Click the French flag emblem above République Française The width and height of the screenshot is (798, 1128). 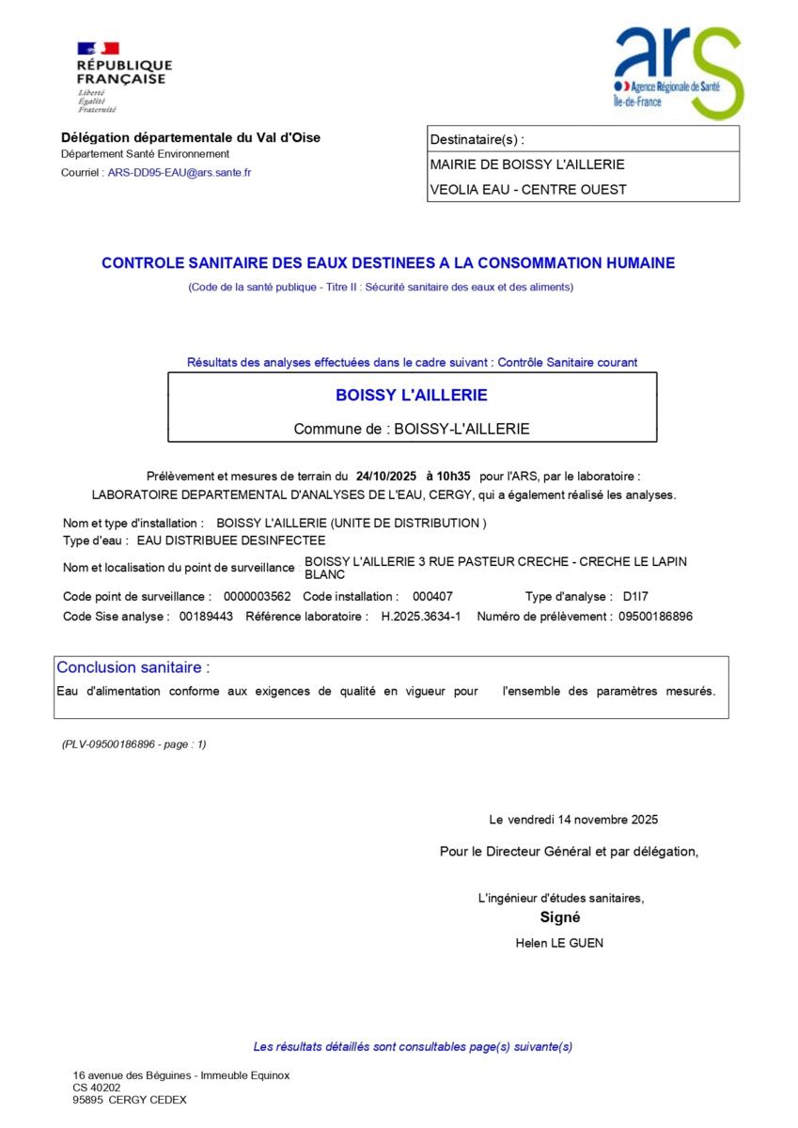pos(98,48)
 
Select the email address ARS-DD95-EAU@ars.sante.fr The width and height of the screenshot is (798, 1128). pos(180,173)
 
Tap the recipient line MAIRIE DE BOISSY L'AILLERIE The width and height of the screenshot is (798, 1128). pos(527,164)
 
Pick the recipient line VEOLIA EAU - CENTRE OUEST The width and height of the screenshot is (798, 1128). pos(528,189)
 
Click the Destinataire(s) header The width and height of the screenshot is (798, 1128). pos(477,140)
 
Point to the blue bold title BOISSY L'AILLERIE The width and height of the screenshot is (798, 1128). pos(412,396)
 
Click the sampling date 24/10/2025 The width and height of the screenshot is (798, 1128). pos(386,477)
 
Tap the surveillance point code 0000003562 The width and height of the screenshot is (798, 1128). pos(258,597)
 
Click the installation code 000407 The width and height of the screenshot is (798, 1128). pos(433,597)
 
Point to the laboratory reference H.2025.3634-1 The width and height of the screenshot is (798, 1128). pos(420,617)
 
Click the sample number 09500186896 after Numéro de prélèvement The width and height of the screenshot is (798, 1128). pos(654,617)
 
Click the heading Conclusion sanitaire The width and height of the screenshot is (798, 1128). pos(133,667)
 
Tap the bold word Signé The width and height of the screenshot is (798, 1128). pos(560,917)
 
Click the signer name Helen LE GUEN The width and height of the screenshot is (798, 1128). pos(559,943)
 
